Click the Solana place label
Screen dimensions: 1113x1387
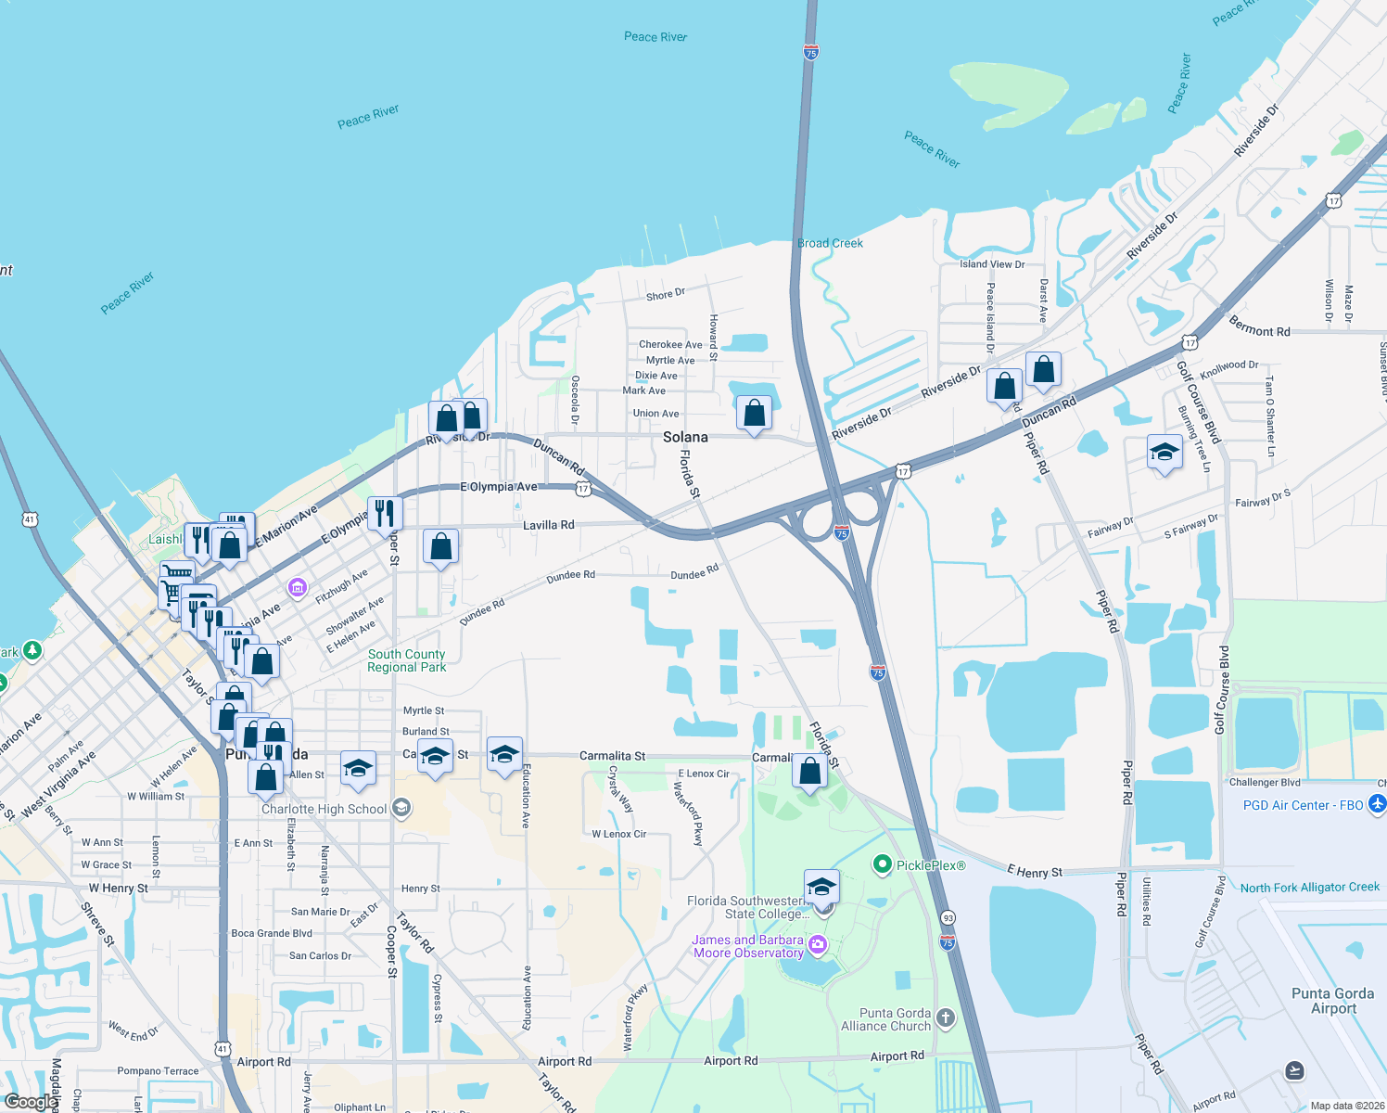(x=685, y=437)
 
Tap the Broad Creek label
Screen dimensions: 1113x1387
(x=830, y=243)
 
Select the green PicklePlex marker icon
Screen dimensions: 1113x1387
(x=882, y=864)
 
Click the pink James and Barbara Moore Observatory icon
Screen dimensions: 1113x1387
(x=817, y=945)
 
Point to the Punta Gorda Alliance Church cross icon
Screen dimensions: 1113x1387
(x=945, y=1018)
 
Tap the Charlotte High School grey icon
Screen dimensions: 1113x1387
(x=401, y=808)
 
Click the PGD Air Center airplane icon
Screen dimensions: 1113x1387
(x=1377, y=804)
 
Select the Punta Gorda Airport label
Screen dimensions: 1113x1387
(x=1333, y=1001)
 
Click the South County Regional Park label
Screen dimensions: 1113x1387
(x=406, y=660)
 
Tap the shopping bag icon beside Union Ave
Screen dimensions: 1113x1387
(x=755, y=413)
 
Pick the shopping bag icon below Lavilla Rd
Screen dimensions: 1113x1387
(x=441, y=546)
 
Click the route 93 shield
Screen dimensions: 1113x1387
(x=948, y=917)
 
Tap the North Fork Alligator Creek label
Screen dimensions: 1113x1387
(x=1309, y=888)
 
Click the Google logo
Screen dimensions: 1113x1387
(x=30, y=1102)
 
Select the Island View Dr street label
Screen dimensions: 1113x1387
(x=992, y=264)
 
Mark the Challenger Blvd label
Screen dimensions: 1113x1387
(x=1265, y=783)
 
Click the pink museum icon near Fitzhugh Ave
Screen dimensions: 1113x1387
(x=298, y=587)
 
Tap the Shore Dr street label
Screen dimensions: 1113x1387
(x=666, y=295)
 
